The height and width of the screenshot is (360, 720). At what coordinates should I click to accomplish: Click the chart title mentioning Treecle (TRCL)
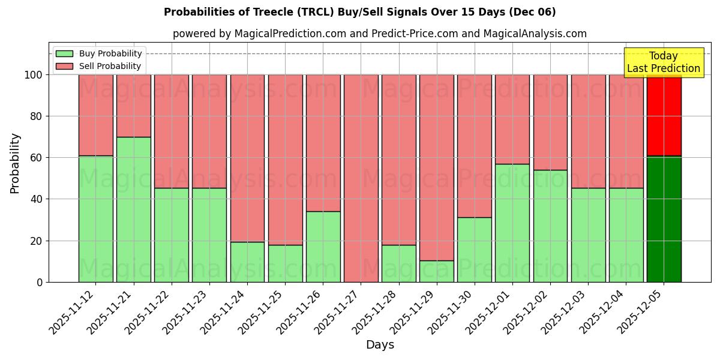click(x=359, y=12)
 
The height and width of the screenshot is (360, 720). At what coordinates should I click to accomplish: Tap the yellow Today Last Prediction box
click(x=663, y=62)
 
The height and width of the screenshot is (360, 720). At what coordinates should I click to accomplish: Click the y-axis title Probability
click(x=15, y=163)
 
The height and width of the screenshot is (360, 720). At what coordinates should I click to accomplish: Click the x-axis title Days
click(x=380, y=345)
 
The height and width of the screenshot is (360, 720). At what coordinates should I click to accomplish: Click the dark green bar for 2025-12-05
click(x=664, y=219)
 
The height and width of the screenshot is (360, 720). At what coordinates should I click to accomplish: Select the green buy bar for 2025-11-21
click(x=133, y=209)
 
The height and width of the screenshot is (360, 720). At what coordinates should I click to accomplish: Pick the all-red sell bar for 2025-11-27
click(x=361, y=178)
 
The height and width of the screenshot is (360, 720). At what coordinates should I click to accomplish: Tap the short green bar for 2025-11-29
click(x=437, y=271)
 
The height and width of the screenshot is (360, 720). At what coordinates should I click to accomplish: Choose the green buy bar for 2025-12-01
click(x=512, y=223)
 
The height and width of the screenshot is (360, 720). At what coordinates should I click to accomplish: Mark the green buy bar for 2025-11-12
click(x=95, y=219)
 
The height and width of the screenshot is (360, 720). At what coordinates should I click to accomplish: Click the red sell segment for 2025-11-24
click(x=247, y=158)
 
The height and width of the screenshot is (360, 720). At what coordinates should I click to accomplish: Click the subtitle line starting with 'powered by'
click(x=380, y=34)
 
